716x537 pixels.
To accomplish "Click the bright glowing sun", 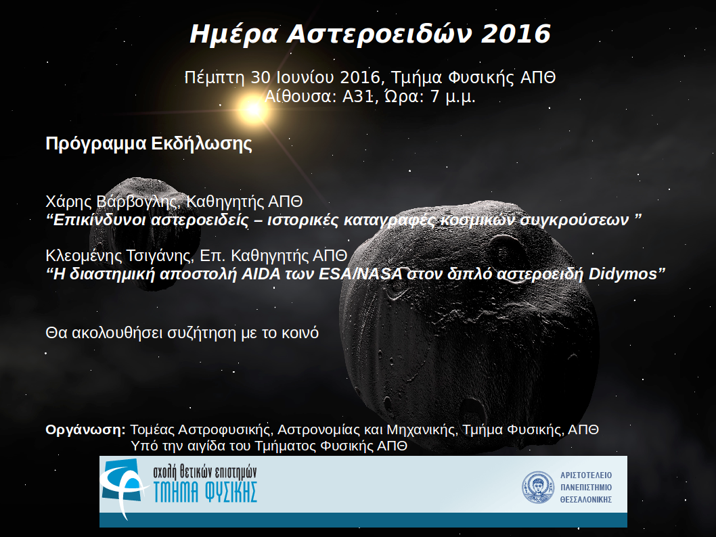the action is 253,109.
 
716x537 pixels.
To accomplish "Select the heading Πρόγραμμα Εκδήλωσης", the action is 149,143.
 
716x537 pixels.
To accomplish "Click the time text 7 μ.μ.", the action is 453,97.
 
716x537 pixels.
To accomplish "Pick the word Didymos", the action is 623,274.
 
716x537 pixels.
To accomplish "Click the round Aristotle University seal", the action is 538,488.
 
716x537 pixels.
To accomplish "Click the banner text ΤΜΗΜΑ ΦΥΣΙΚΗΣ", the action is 205,492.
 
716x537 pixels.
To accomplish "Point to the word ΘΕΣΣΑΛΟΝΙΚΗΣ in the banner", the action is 586,500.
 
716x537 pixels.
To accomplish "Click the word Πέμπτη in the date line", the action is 215,78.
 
